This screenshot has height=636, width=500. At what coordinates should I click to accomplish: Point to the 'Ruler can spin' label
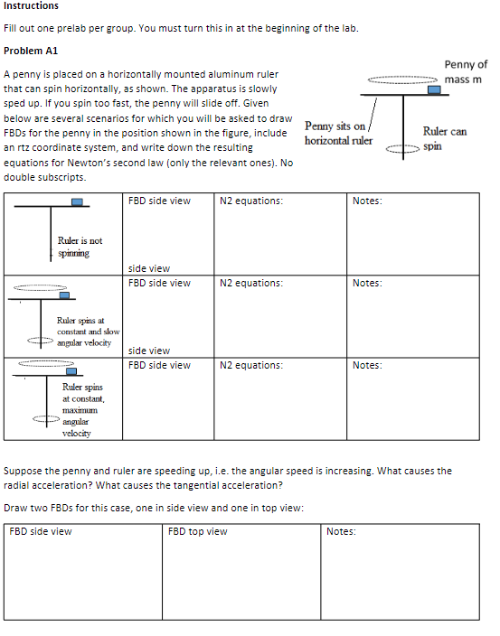point(444,138)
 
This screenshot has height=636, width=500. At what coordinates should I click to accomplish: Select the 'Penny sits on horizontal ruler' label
point(337,134)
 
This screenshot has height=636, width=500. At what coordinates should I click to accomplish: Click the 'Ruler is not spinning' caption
point(80,247)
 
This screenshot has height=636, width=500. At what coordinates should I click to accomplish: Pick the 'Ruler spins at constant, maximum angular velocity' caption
point(83,409)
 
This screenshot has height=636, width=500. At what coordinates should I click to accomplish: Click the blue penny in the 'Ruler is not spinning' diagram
point(80,203)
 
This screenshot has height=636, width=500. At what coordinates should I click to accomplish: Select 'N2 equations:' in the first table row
point(251,201)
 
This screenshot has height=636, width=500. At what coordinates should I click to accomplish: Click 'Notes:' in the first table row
point(367,201)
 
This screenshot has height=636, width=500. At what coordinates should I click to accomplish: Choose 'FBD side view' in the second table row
point(160,283)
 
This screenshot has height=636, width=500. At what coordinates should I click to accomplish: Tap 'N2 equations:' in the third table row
point(251,365)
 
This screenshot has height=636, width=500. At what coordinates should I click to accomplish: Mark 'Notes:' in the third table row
point(367,365)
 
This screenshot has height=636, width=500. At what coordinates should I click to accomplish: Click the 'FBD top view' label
point(198,531)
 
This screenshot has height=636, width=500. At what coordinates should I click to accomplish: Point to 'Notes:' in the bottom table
point(341,531)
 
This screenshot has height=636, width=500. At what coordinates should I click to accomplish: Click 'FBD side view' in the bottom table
point(41,531)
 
